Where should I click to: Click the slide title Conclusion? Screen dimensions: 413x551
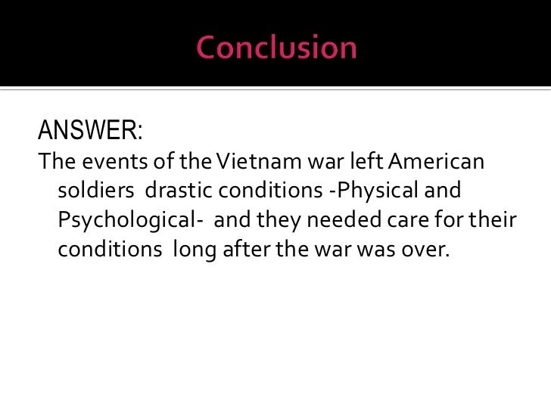click(x=276, y=48)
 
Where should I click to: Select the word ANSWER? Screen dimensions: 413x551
click(x=90, y=131)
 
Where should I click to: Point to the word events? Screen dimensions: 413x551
click(x=104, y=162)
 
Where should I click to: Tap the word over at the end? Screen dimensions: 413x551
click(x=427, y=249)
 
